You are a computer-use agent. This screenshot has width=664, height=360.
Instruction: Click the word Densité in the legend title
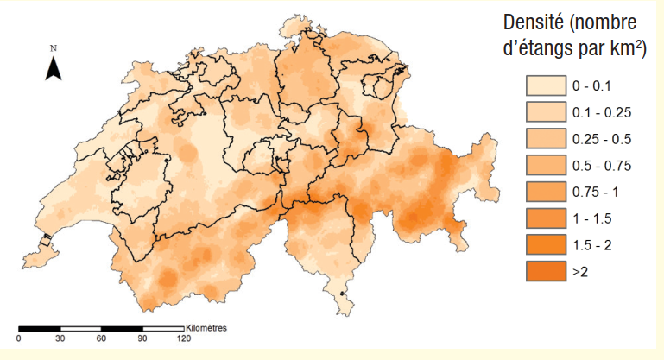coord(536,23)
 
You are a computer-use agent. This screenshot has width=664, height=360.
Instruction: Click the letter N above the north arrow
coord(54,47)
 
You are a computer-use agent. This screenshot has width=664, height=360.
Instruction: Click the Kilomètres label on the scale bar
coord(209,328)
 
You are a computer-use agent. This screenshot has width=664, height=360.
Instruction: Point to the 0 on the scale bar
coord(19,338)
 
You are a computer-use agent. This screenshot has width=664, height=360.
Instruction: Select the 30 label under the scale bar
coord(60,338)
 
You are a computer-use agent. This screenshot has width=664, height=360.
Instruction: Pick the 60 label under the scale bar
coord(101,338)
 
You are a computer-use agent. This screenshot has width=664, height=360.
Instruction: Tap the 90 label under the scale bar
coord(142,338)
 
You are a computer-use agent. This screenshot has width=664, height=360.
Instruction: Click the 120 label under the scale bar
coord(183,338)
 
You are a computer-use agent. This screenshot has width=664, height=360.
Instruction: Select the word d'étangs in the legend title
coord(533,49)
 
